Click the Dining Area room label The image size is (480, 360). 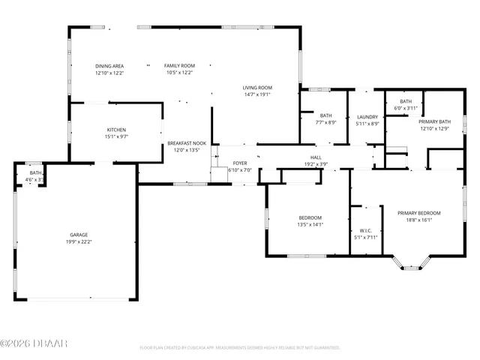(109, 66)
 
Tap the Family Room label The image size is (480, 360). (179, 66)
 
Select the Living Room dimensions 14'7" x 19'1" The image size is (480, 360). (256, 94)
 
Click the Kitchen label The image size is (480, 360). (116, 130)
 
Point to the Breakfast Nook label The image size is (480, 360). (187, 142)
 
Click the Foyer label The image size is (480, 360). (240, 163)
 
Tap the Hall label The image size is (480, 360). (316, 157)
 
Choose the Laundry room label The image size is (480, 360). (367, 116)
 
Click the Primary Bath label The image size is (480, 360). (434, 121)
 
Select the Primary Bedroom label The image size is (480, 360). (418, 213)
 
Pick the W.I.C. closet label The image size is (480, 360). (366, 230)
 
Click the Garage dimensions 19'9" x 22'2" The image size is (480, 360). (78, 241)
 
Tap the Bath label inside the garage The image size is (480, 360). (35, 173)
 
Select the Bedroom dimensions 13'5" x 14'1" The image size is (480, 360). (310, 224)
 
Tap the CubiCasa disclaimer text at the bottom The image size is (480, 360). (240, 348)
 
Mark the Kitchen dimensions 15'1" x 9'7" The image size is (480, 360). (116, 137)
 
